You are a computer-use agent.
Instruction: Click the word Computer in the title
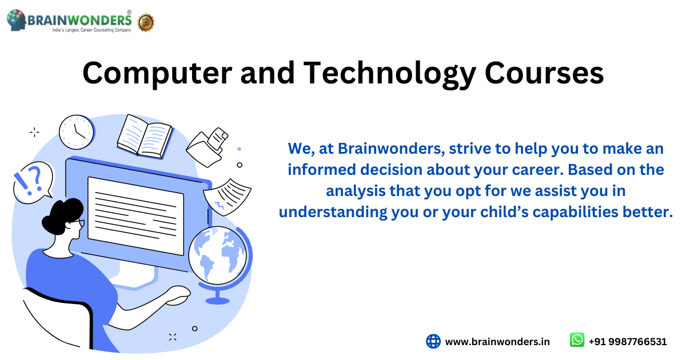point(157,74)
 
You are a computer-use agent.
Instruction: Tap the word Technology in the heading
point(389,74)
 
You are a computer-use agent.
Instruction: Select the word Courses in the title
point(544,74)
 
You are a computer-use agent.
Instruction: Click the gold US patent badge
point(146,23)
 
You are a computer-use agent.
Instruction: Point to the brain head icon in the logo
point(16,20)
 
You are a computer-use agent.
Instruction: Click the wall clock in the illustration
point(77,132)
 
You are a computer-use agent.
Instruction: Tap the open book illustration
point(145,137)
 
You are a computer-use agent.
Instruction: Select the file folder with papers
point(208,147)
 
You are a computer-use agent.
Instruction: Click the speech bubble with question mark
point(33,182)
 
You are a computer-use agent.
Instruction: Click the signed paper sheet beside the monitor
point(227,197)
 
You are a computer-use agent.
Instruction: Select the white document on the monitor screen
point(135,216)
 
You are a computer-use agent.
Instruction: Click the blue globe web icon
point(433,341)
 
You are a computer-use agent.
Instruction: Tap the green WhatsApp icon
point(577,340)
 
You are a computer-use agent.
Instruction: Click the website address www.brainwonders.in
point(497,342)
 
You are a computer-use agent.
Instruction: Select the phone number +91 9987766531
point(628,342)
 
